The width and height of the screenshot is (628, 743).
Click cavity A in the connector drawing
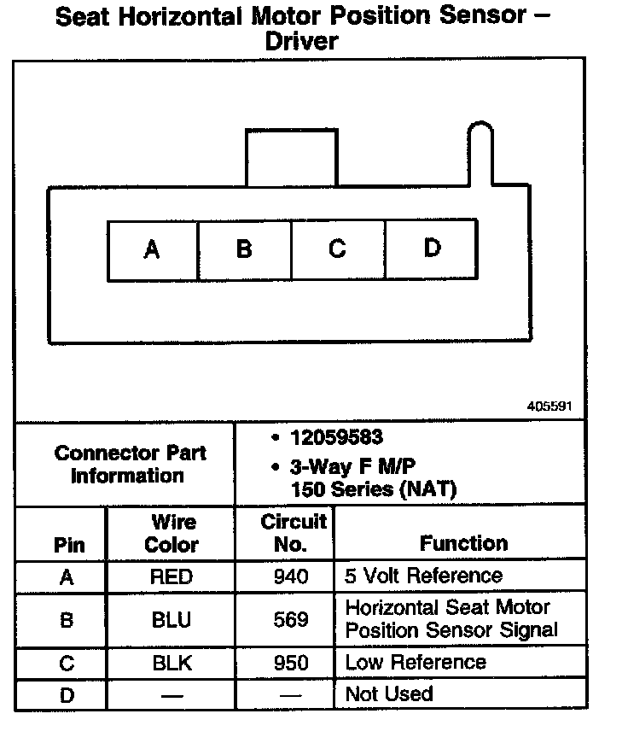click(x=153, y=249)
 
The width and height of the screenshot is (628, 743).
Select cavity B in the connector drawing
click(x=245, y=249)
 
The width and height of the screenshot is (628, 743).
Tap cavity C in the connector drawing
click(x=338, y=249)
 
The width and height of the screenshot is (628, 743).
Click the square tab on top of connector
click(x=291, y=158)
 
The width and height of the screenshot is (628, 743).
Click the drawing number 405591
click(x=550, y=407)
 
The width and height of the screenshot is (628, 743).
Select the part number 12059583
click(x=337, y=438)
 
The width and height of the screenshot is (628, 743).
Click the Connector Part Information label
click(x=130, y=464)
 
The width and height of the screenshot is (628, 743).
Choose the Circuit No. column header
click(x=293, y=532)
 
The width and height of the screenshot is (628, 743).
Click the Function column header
click(x=463, y=543)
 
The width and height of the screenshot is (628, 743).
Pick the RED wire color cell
click(x=171, y=577)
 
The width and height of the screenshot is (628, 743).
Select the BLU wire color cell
click(x=171, y=620)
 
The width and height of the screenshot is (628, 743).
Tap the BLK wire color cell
click(x=171, y=663)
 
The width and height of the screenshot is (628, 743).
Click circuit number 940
click(x=291, y=577)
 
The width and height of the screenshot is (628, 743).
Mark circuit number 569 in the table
click(x=291, y=620)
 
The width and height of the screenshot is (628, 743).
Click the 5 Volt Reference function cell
click(x=423, y=576)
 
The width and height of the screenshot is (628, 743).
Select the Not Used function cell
click(x=388, y=694)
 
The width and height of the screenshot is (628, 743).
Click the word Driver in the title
click(x=302, y=41)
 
